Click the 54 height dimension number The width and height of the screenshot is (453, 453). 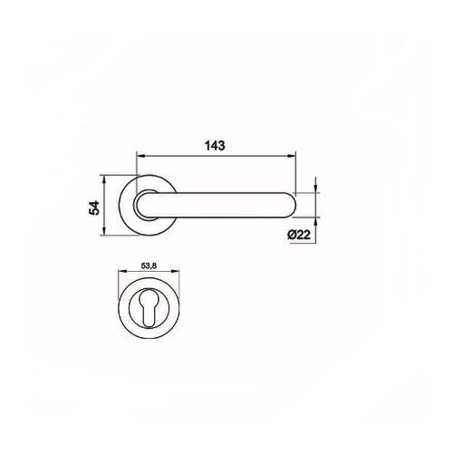pos(93,206)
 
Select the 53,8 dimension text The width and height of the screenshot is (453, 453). pos(150,268)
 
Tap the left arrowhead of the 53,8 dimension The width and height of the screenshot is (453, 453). pos(123,276)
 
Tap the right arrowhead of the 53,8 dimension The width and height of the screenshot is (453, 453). pos(177,276)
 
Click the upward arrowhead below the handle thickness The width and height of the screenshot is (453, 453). pos(313,219)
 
